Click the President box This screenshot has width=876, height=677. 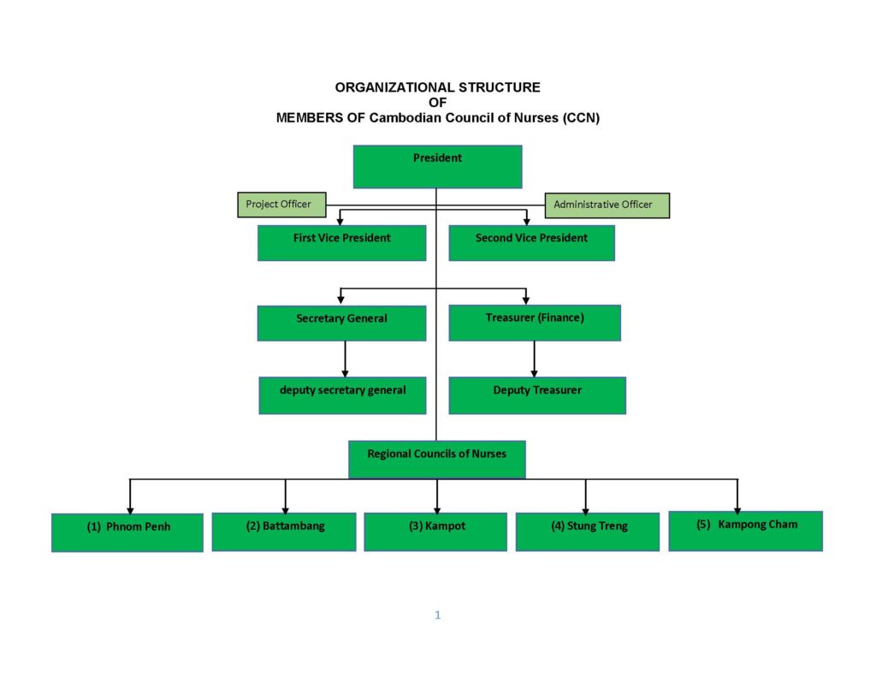point(437,167)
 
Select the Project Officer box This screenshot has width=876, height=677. point(281,205)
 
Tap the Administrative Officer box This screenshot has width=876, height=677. point(607,205)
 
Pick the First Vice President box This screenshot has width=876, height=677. point(342,242)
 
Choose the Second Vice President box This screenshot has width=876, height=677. point(532,242)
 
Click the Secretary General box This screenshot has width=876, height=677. point(342,324)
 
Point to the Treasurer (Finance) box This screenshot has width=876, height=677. point(535,323)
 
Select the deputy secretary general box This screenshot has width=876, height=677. point(342,395)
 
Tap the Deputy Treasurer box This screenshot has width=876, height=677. point(537,395)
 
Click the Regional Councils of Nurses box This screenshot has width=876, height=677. point(437,460)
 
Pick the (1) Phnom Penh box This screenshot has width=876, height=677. point(127,532)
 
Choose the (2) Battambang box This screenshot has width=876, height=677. point(284,532)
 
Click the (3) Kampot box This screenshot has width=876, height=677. point(435,532)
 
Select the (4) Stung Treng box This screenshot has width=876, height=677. point(588,532)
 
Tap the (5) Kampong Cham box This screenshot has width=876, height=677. point(746,532)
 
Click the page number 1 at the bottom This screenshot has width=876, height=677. point(437,615)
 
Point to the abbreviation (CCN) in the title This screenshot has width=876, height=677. point(581,118)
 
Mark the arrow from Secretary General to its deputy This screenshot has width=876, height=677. point(346,359)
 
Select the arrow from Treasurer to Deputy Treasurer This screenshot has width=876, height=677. point(534,359)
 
